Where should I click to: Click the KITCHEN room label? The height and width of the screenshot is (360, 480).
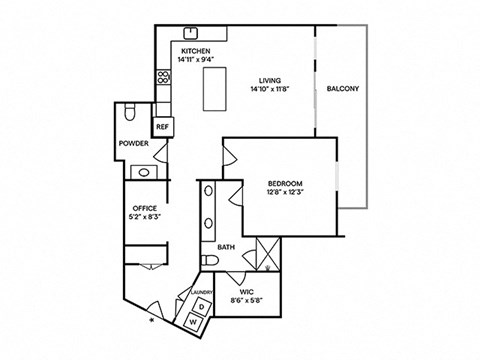pyautogui.click(x=195, y=49)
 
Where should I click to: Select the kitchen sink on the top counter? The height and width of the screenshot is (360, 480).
pyautogui.click(x=186, y=32)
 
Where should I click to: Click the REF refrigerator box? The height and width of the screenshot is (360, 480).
pyautogui.click(x=162, y=127)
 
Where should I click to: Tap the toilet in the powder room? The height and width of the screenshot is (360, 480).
pyautogui.click(x=132, y=114)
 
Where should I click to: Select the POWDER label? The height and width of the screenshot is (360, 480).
pyautogui.click(x=135, y=144)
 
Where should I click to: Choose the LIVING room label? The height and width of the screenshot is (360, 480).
pyautogui.click(x=268, y=81)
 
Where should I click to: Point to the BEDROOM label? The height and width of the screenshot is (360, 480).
pyautogui.click(x=285, y=183)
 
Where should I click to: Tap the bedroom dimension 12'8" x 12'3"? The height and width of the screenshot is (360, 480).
pyautogui.click(x=285, y=193)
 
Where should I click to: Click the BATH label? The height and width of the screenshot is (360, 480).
pyautogui.click(x=226, y=245)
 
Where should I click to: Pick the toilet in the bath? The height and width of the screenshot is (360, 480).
pyautogui.click(x=209, y=262)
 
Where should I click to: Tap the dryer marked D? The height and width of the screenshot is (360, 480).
pyautogui.click(x=201, y=305)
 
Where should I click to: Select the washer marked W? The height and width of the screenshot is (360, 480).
pyautogui.click(x=197, y=321)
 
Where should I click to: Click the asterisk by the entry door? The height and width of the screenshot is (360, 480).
pyautogui.click(x=152, y=322)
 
